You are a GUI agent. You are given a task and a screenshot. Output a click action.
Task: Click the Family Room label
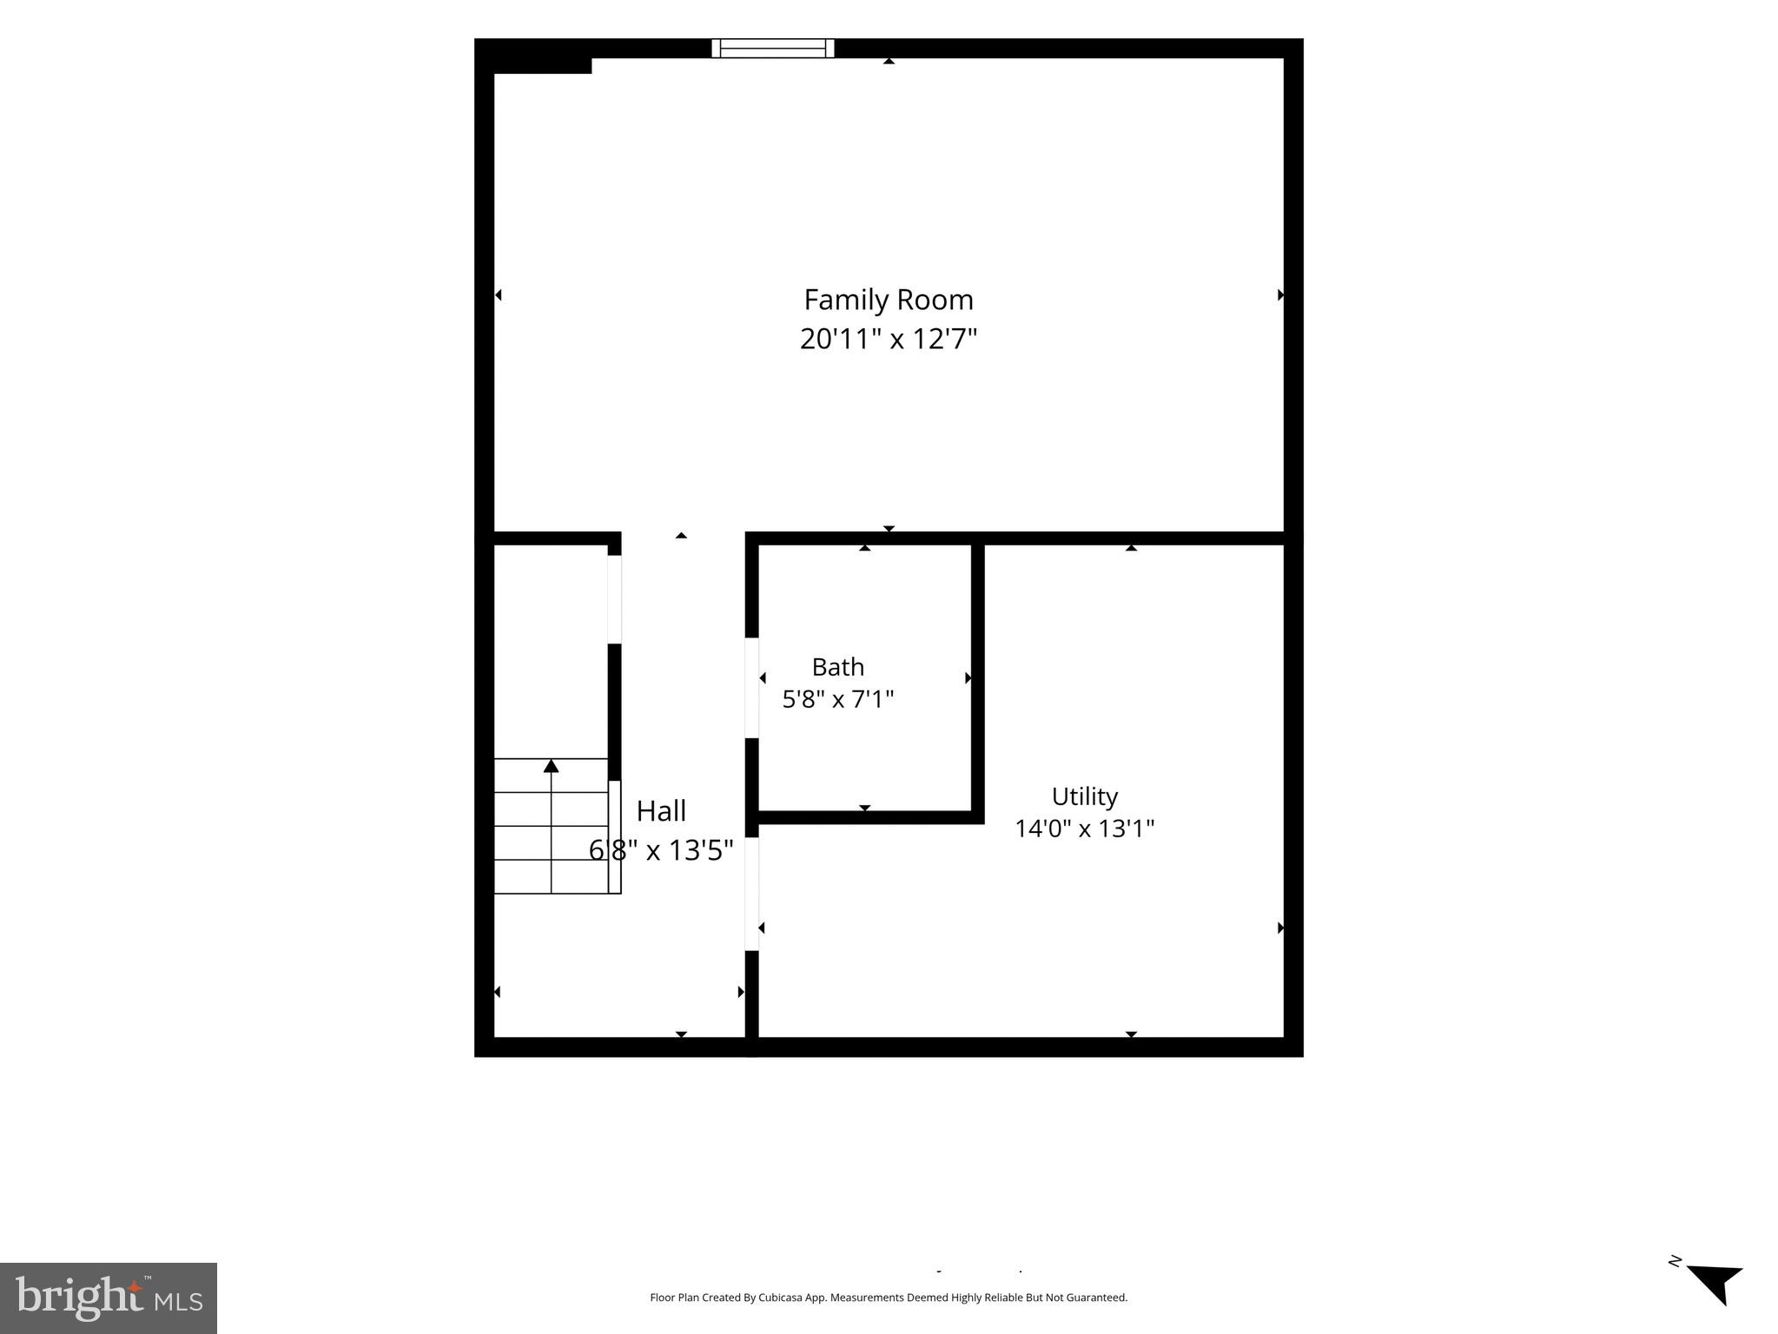tap(889, 300)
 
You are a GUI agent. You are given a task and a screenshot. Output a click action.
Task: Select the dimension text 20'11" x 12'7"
tap(889, 339)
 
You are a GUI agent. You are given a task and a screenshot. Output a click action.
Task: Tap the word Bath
tap(838, 667)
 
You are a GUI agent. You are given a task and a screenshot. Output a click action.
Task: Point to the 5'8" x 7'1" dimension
tap(838, 699)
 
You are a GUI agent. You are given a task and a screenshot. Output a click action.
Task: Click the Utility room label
tap(1085, 797)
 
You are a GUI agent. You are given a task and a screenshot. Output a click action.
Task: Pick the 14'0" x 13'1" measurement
tap(1085, 829)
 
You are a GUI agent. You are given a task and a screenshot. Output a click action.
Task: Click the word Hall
tap(661, 811)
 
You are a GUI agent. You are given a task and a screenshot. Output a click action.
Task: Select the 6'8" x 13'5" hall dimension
tap(661, 850)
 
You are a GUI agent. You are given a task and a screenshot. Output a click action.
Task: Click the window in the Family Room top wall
tap(773, 49)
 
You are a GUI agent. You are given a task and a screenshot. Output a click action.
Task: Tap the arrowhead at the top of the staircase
tap(551, 765)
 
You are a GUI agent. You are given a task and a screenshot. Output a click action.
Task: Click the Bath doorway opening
tap(752, 688)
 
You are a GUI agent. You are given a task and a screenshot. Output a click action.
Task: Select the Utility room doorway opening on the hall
tap(752, 894)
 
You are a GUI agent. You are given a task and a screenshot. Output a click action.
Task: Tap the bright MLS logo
tap(109, 1298)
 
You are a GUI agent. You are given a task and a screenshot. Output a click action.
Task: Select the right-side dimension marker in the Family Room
tap(1280, 295)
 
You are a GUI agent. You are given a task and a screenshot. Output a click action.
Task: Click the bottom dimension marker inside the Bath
tap(864, 808)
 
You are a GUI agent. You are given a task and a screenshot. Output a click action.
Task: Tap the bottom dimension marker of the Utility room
tap(1131, 1034)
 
